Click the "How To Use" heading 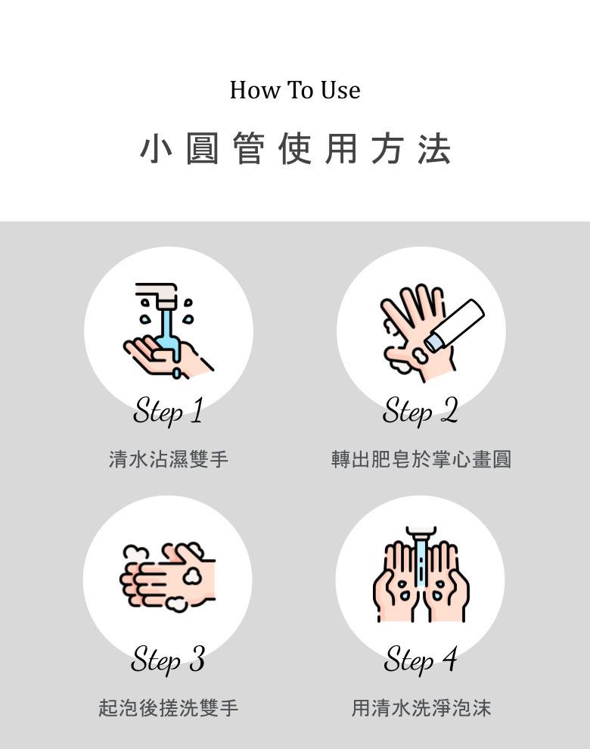pos(295,90)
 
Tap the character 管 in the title pos(248,148)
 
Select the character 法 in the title pos(433,148)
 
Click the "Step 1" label pos(168,411)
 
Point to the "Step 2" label pos(421,411)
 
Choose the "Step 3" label pos(168,660)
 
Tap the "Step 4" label pos(421,660)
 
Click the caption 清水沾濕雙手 pos(168,459)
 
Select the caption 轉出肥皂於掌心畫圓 pos(421,459)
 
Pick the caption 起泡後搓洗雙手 pos(168,707)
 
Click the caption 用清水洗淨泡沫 pos(421,707)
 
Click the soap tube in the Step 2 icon pos(455,326)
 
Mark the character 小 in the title pos(156,148)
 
